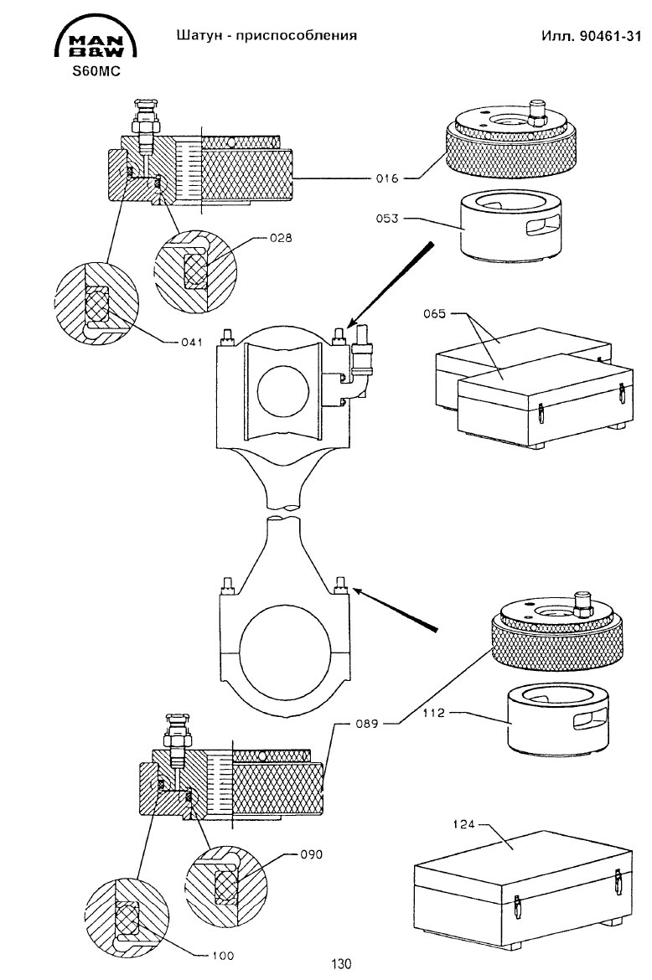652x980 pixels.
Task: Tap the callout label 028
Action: point(282,238)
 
